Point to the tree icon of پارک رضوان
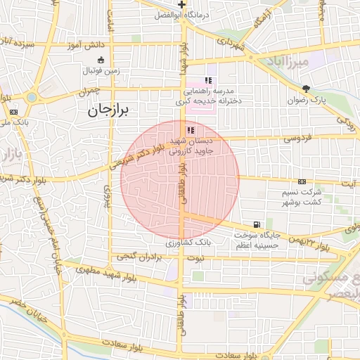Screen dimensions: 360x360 (305, 89)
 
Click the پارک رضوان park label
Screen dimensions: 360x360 (307, 100)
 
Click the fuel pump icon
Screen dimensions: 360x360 (255, 224)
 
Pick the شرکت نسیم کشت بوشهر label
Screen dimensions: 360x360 (305, 196)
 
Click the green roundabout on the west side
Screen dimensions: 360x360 (32, 97)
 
